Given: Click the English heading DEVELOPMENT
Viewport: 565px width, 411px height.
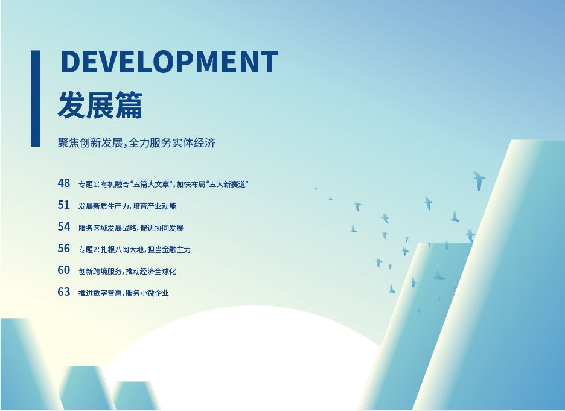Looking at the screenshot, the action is click(170, 62).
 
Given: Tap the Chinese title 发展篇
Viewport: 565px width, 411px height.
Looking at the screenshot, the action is click(100, 105).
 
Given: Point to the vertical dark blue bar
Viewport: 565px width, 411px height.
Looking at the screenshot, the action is click(36, 98).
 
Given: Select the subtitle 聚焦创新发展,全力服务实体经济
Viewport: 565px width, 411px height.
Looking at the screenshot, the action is click(136, 142).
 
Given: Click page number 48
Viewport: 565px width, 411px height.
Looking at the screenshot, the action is click(64, 183).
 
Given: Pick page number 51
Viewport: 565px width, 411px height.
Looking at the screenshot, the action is click(64, 205).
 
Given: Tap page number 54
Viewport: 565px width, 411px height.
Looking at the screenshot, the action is click(64, 226).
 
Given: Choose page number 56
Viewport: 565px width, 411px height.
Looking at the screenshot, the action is click(64, 248).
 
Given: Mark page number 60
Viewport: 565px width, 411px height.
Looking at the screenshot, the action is click(64, 270).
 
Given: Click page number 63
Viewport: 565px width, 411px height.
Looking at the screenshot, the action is click(64, 292).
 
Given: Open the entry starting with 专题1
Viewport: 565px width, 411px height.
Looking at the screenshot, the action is click(164, 185).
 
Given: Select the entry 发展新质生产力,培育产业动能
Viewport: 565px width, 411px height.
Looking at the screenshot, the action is click(127, 206).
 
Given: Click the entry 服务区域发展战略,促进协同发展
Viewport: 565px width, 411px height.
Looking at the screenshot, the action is click(131, 228).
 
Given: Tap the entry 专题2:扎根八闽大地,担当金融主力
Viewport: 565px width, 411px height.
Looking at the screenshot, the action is click(135, 249).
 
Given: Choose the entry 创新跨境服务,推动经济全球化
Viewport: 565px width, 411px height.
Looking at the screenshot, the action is click(127, 271).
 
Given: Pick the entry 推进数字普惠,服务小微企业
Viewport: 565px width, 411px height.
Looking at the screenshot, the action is click(124, 293).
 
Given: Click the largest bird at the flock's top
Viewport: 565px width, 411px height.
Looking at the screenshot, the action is click(479, 180).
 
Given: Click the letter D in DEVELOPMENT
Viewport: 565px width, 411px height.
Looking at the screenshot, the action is click(70, 62).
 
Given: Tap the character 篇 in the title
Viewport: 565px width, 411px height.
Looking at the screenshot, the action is click(129, 105).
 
